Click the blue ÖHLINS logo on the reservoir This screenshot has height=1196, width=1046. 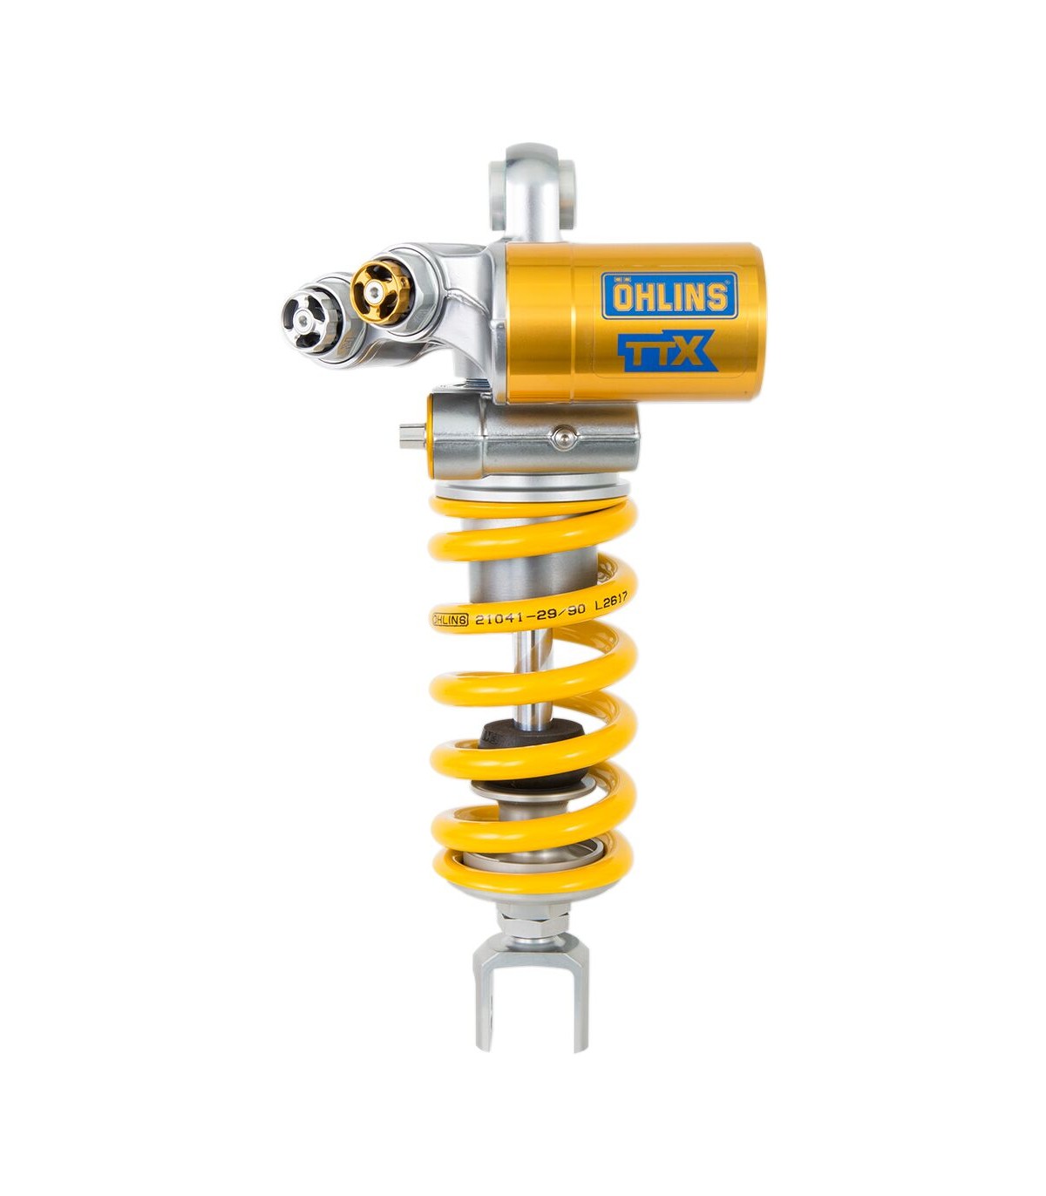pyautogui.click(x=669, y=296)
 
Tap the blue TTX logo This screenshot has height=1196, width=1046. pyautogui.click(x=668, y=350)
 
